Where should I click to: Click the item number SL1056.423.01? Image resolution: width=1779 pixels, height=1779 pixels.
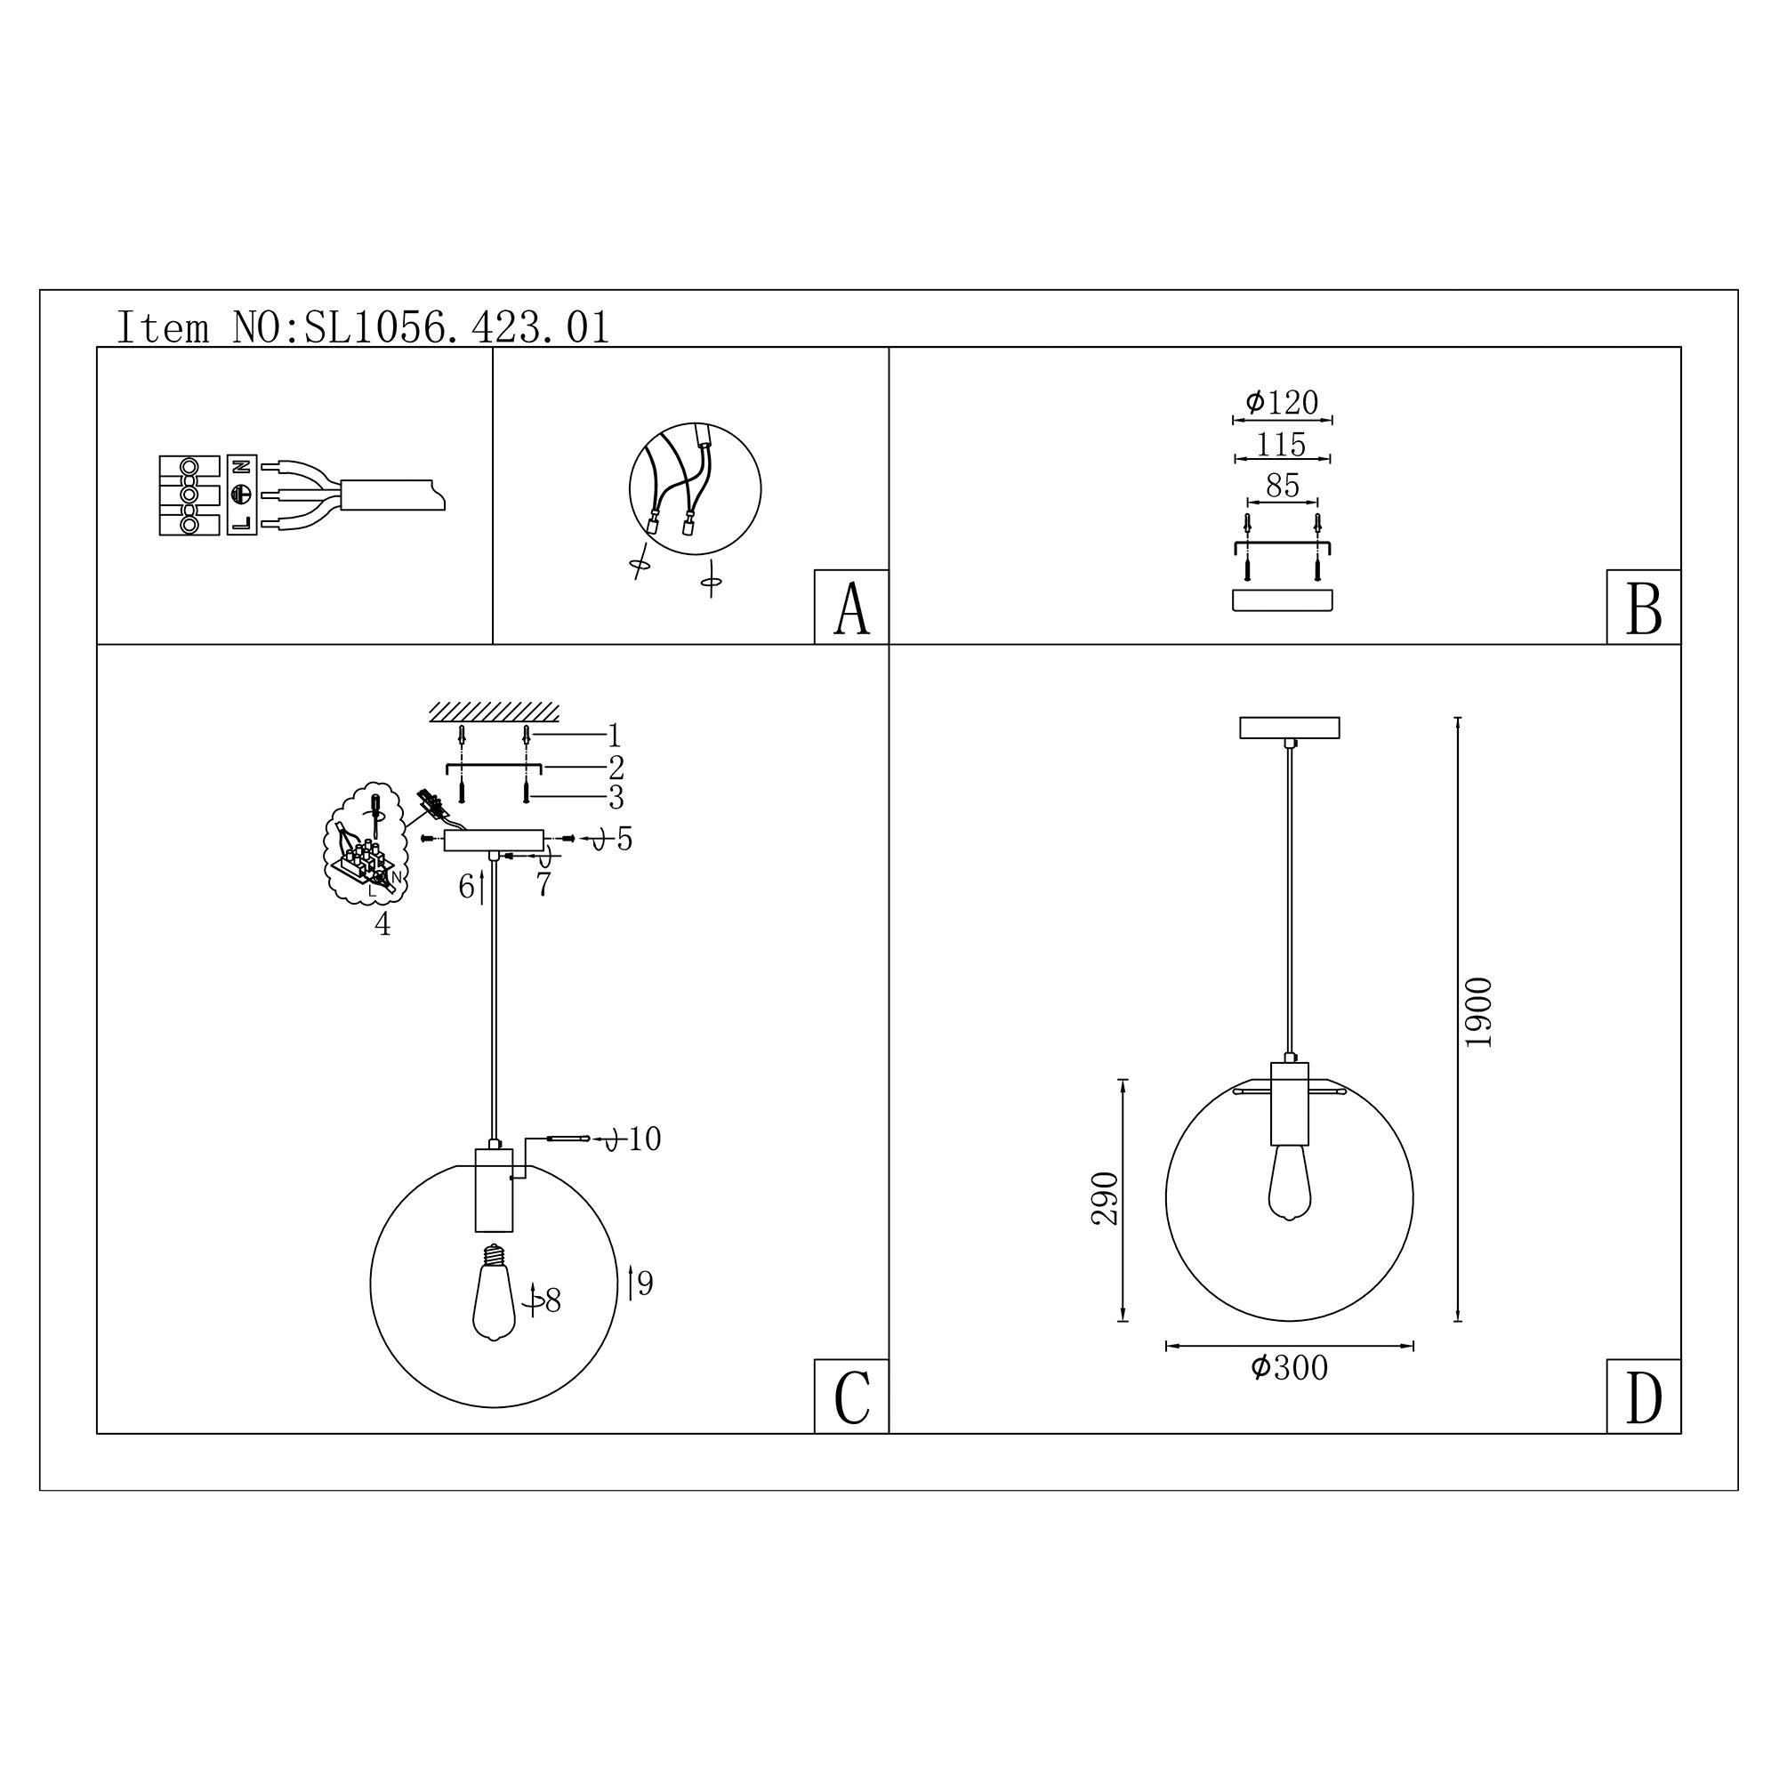coord(456,328)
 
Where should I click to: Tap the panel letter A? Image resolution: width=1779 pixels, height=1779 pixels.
coord(851,608)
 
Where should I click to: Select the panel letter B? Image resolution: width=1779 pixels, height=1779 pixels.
coord(1644,608)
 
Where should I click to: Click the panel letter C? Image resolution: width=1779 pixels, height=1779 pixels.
coord(851,1397)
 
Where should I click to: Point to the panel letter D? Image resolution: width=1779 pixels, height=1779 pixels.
coord(1644,1397)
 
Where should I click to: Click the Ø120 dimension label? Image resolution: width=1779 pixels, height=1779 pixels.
coord(1282,402)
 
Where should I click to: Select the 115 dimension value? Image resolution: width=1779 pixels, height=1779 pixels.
coord(1282,445)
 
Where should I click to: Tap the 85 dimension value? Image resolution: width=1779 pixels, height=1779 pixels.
coord(1282,486)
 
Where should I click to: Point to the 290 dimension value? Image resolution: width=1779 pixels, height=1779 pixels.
coord(1104,1198)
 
